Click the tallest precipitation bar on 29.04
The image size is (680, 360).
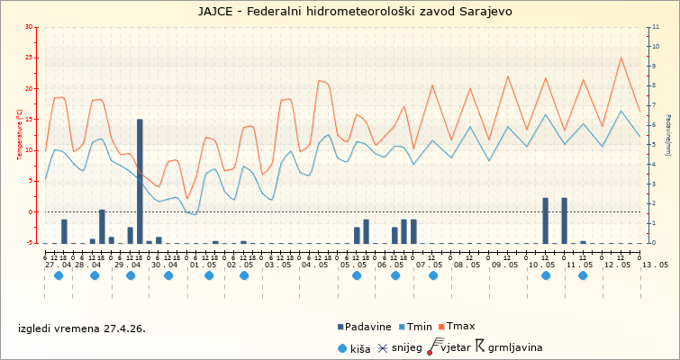click(x=140, y=180)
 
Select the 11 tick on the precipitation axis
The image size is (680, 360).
click(x=653, y=27)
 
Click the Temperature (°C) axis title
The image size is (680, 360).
click(x=20, y=135)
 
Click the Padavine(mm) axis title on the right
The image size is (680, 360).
click(x=667, y=135)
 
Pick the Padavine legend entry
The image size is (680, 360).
click(x=364, y=327)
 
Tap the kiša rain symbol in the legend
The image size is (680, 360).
click(x=341, y=347)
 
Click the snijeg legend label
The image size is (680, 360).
click(x=407, y=347)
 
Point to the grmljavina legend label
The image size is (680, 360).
click(x=515, y=347)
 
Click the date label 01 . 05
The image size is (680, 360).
click(x=203, y=265)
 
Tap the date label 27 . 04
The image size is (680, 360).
click(x=59, y=265)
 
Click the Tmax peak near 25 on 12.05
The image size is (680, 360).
click(x=621, y=58)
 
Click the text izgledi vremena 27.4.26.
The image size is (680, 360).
click(x=82, y=328)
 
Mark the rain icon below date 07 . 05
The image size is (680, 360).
click(x=433, y=275)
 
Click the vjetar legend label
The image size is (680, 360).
click(x=458, y=347)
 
